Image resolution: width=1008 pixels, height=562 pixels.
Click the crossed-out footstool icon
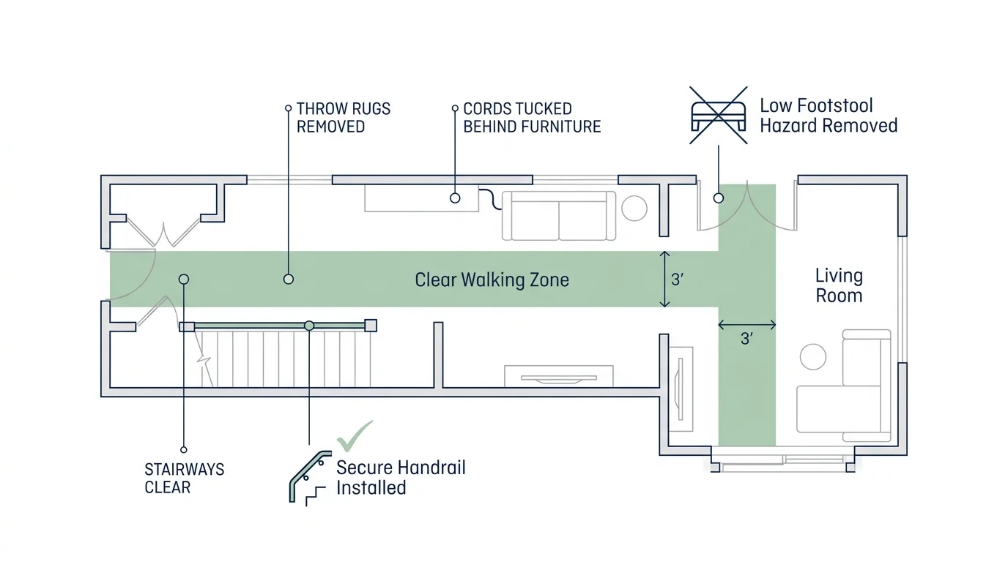coord(719,115)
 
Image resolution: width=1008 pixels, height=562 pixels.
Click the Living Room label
coord(839,285)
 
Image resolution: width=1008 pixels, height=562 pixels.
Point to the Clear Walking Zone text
coord(492,280)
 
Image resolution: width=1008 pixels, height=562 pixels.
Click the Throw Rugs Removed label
coord(343,118)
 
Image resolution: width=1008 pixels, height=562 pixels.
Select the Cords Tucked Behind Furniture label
coord(531,118)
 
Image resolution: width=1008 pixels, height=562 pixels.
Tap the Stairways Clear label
coord(185,478)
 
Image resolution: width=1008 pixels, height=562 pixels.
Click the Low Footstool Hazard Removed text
coord(828,116)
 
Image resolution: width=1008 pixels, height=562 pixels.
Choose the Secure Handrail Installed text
coord(401,477)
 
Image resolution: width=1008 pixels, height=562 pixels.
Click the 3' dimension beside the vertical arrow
coord(679,280)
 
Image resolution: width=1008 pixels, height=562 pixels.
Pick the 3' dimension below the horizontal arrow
coord(746,339)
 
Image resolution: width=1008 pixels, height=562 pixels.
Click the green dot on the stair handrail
coord(309,325)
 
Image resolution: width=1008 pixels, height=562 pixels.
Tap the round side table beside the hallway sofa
coord(634,209)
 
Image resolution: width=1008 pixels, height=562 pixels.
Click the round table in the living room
coord(813,356)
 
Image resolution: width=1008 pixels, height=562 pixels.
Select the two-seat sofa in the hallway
coord(559,216)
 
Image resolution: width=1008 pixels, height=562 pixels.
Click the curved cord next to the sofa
coord(489,198)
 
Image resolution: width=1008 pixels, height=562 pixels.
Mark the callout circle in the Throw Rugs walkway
coord(289,279)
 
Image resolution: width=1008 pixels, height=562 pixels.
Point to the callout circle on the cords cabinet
coord(455,198)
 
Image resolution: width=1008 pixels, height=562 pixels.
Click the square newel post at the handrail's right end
coord(371,326)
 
